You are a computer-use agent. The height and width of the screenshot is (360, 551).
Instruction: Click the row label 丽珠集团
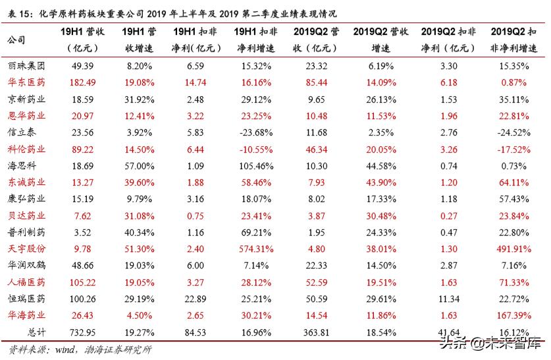pyautogui.click(x=26, y=66)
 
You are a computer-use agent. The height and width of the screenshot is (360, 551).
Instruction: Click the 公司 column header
pyautogui.click(x=16, y=40)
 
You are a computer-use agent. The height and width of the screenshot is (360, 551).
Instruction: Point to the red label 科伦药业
pyautogui.click(x=26, y=149)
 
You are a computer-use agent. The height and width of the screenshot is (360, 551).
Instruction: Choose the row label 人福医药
pyautogui.click(x=26, y=282)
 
